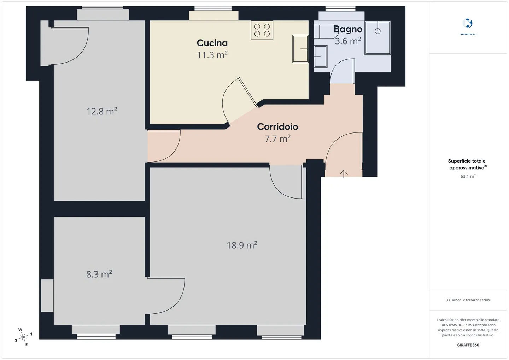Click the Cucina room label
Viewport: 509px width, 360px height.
click(x=212, y=43)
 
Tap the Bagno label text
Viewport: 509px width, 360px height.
click(x=348, y=29)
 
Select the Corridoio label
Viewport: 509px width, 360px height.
click(x=277, y=126)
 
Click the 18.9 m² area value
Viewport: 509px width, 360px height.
click(x=242, y=245)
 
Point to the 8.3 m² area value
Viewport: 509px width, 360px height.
click(x=99, y=274)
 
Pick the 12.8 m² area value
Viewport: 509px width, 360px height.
click(x=101, y=111)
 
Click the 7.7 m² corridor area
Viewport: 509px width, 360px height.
click(x=277, y=138)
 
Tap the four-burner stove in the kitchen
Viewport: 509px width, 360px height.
click(x=262, y=30)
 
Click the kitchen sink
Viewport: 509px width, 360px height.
click(x=300, y=49)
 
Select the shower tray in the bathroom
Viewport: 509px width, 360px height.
click(x=378, y=38)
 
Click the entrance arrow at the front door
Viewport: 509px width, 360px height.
click(x=344, y=173)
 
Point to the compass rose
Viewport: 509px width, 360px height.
click(x=23, y=337)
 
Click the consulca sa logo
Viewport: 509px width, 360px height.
click(x=467, y=24)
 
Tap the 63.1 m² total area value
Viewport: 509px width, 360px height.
click(x=468, y=176)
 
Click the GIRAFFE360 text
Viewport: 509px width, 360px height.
click(x=468, y=345)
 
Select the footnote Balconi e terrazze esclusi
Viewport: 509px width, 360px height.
click(x=468, y=300)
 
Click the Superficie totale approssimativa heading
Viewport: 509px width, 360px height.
click(x=467, y=164)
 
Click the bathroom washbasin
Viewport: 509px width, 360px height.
click(x=321, y=56)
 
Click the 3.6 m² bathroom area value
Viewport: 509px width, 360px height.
click(x=348, y=41)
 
